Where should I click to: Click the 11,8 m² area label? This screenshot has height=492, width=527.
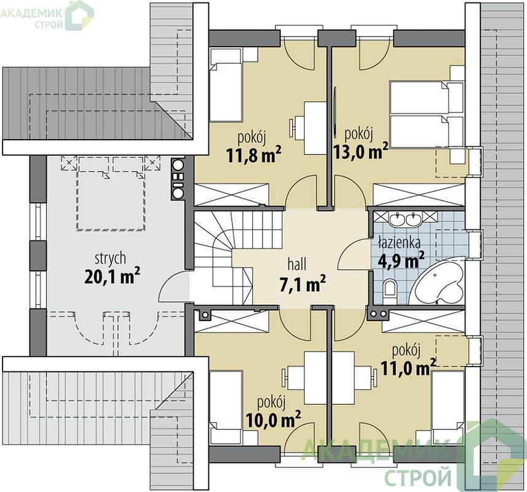[254, 154]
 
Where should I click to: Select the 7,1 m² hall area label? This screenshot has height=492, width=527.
[303, 284]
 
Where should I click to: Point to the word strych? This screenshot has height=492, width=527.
[111, 259]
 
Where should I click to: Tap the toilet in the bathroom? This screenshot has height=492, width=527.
[390, 290]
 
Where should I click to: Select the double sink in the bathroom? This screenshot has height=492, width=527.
[406, 219]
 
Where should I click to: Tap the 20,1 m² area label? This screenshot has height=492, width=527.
[113, 276]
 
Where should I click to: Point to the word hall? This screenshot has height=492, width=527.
[297, 264]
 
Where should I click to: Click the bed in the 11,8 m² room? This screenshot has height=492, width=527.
[226, 85]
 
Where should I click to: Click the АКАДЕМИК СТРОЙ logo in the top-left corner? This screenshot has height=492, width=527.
[47, 15]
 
